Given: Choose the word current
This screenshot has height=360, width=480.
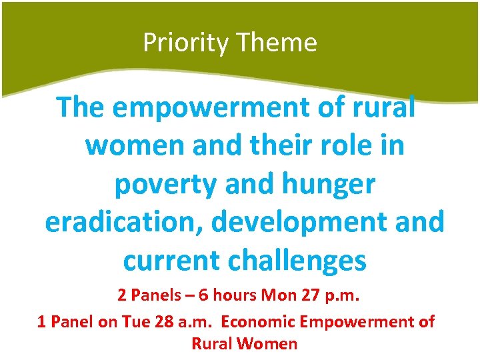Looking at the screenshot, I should point(172,261).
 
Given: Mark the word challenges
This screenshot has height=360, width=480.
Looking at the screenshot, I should point(297,261).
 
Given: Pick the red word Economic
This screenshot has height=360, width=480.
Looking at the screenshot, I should point(259,322).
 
